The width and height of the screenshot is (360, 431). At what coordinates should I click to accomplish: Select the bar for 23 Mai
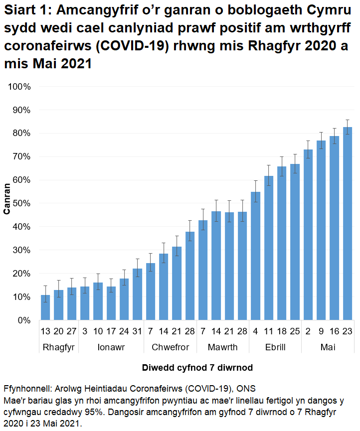coord(348,224)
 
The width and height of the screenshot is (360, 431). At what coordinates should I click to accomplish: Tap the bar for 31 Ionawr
coord(137,294)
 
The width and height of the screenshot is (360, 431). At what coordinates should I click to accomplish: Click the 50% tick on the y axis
coord(20,203)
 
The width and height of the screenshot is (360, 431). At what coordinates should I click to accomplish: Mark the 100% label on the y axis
coord(18,87)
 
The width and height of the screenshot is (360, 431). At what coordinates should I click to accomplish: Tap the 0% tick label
coord(22,320)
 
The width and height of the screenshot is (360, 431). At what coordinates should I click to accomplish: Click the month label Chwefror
coord(164,347)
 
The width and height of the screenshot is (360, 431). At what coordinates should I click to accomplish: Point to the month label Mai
coord(328,347)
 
